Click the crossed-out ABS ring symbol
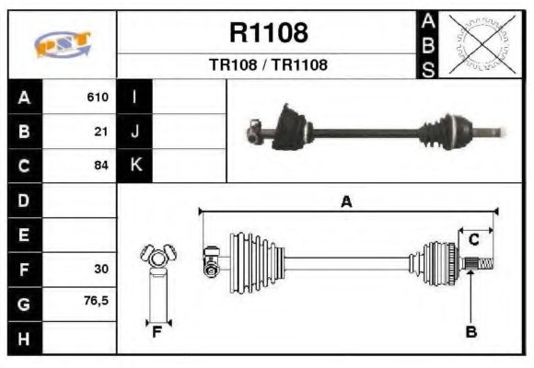(x=478, y=43)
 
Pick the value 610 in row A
(x=98, y=97)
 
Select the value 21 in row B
(x=101, y=131)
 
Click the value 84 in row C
(x=101, y=166)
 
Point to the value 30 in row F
(x=101, y=269)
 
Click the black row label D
(x=24, y=201)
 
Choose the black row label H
(x=24, y=338)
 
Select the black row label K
(x=135, y=166)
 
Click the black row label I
(x=135, y=97)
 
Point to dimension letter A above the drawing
(x=346, y=201)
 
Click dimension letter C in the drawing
(x=473, y=240)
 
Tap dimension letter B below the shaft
(x=470, y=332)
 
